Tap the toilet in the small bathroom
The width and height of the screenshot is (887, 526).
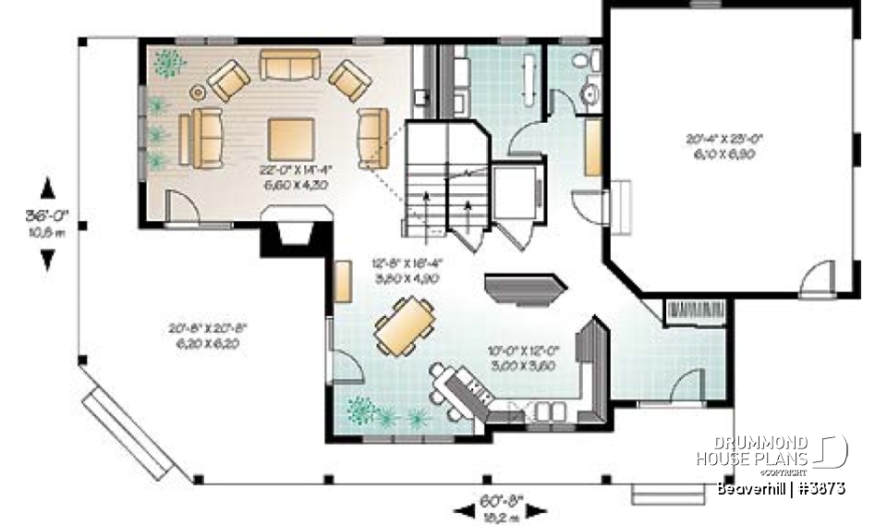(581, 62)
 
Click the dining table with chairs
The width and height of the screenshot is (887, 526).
(405, 325)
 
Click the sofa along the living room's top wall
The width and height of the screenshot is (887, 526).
(289, 64)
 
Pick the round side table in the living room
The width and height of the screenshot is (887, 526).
(198, 92)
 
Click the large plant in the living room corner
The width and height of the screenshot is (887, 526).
(168, 63)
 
